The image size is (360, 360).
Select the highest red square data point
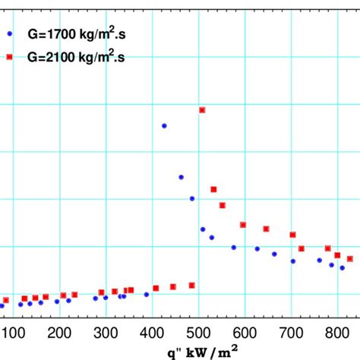click(202, 110)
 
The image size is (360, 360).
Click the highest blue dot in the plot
click(164, 126)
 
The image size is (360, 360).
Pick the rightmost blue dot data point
click(343, 267)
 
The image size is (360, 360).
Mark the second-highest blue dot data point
click(182, 177)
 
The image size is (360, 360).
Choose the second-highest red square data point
click(213, 189)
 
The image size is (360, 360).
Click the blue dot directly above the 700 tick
click(292, 261)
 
